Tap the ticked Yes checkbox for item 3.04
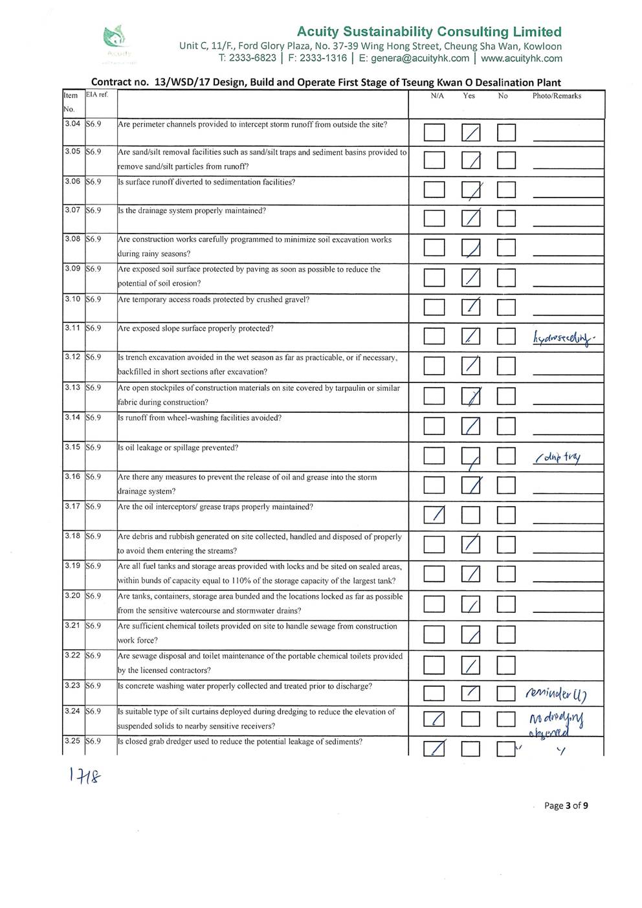(471, 133)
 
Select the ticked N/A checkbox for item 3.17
(435, 515)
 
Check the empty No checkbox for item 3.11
(506, 337)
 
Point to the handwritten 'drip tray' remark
(559, 457)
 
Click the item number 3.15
(72, 447)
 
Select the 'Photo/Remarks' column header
(557, 96)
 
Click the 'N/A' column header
(437, 96)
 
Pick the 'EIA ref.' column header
(97, 94)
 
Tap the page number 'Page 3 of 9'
(566, 806)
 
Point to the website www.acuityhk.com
(522, 58)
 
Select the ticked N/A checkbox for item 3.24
(434, 720)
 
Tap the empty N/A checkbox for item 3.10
(435, 307)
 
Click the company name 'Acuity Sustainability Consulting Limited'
(429, 32)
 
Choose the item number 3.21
(72, 626)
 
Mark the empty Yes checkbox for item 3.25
(471, 749)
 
